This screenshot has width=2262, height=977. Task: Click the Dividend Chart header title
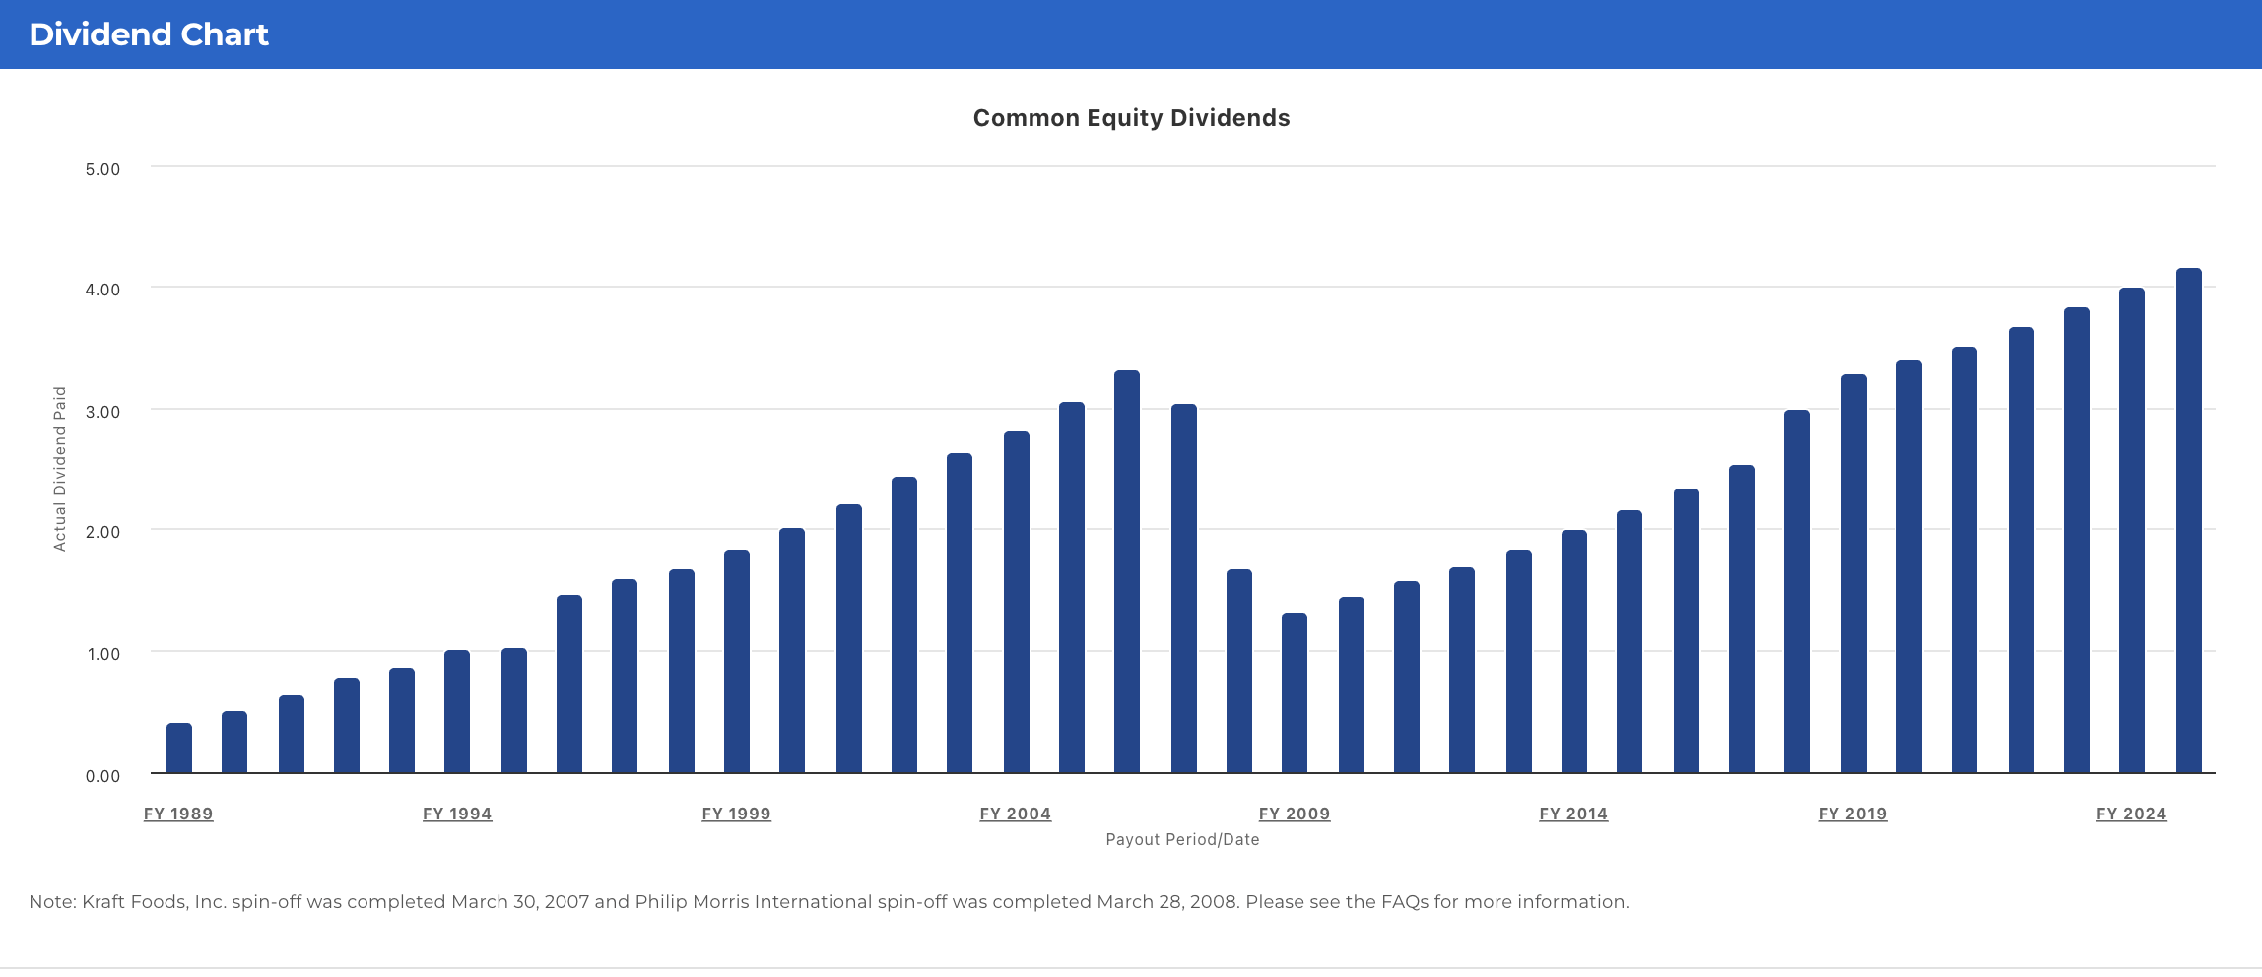tap(149, 34)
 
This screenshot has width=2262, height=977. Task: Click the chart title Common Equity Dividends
tap(1131, 118)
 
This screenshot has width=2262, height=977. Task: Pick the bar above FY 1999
tap(737, 661)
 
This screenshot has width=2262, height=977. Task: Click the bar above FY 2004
tap(1017, 602)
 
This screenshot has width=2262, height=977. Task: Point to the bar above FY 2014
tap(1574, 651)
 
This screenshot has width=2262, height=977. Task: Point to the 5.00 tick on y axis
tap(102, 169)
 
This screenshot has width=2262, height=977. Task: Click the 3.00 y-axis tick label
tap(102, 412)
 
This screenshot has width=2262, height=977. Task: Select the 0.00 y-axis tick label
tap(102, 776)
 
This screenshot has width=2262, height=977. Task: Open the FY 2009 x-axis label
tap(1295, 814)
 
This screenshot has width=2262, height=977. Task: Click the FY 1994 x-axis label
tap(457, 814)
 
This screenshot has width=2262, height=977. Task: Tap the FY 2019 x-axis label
tap(1852, 814)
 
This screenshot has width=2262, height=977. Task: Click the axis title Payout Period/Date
tap(1182, 839)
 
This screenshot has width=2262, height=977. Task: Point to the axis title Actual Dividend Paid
tap(60, 469)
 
